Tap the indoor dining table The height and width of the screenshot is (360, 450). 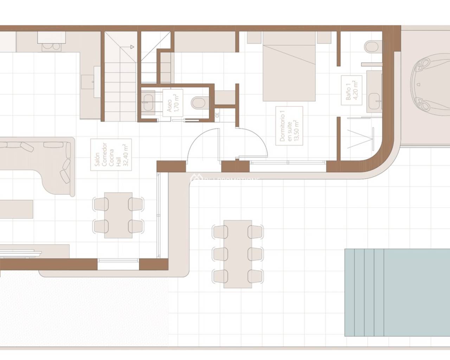118,215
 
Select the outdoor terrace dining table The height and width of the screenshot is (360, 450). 238,254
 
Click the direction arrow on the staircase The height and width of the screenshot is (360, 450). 131,46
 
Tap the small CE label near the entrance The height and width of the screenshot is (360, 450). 217,114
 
